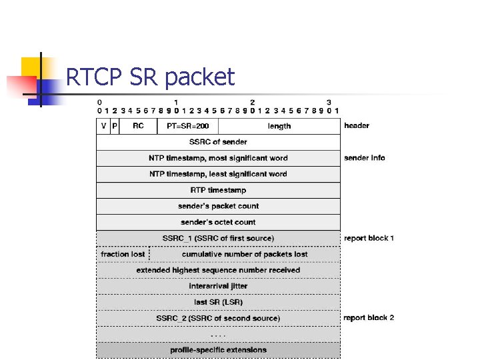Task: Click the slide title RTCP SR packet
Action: coord(151,77)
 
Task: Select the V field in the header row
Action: coord(103,126)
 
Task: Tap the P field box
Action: coord(115,126)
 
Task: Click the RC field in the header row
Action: coord(139,126)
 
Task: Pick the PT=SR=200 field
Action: coord(187,126)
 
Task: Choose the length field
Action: coord(279,126)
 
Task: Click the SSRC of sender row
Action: coord(218,142)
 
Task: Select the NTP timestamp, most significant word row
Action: coord(218,158)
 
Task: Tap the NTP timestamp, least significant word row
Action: coord(218,174)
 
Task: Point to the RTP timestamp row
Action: coord(218,190)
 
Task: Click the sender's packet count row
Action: coord(218,206)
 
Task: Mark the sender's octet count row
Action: coord(218,222)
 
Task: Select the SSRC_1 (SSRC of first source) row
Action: coord(218,238)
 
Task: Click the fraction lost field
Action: coord(123,254)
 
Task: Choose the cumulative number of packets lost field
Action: coord(245,254)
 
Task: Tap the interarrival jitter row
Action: coord(218,286)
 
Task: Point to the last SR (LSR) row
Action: coord(218,302)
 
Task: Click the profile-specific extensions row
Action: coord(218,350)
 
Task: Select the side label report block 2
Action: coord(369,318)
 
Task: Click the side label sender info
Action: coord(365,158)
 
